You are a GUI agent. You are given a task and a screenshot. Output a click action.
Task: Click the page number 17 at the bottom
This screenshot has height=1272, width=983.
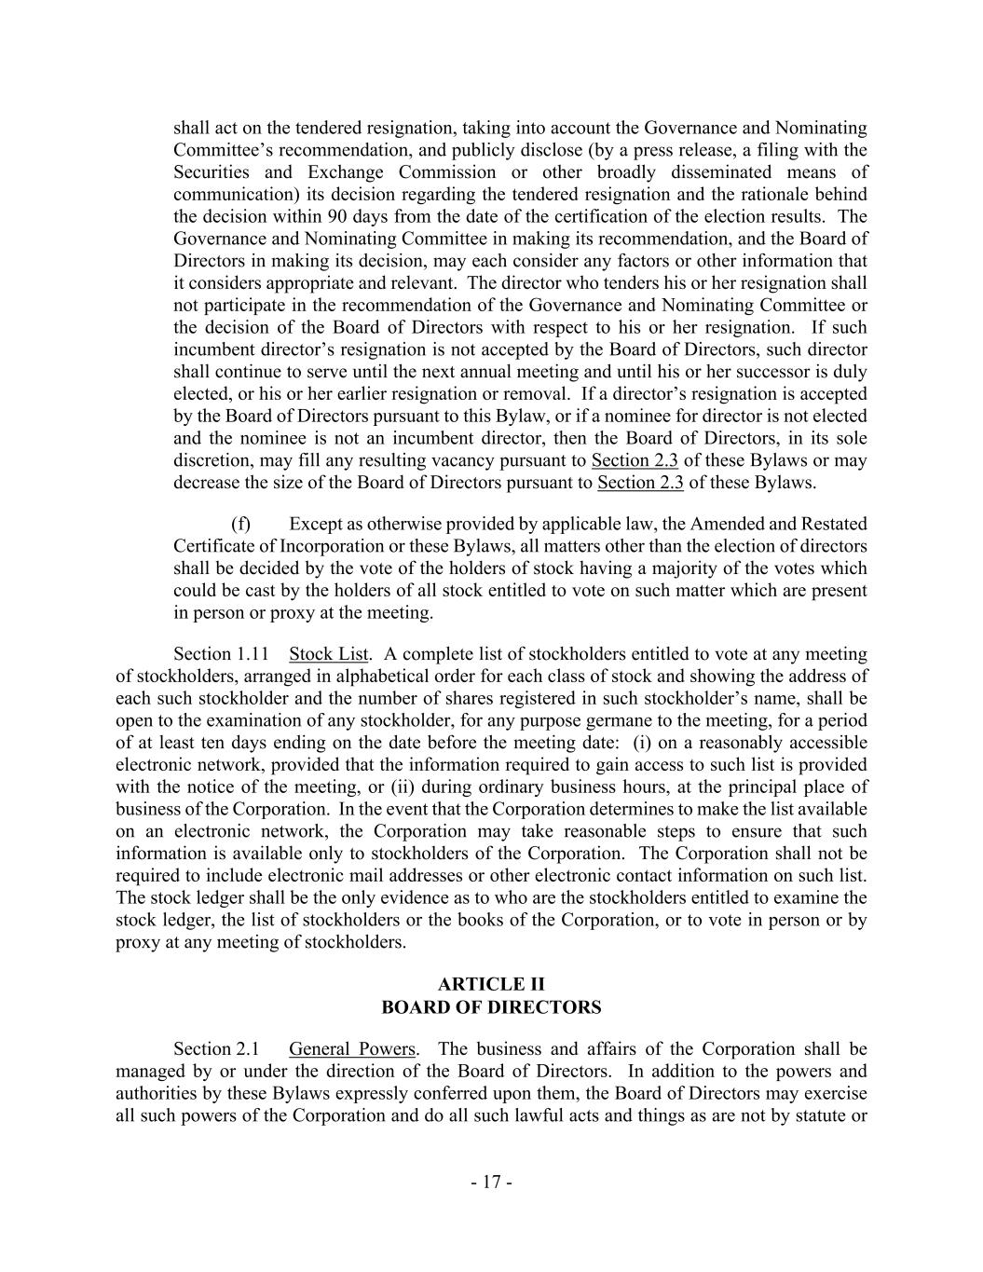tap(491, 1183)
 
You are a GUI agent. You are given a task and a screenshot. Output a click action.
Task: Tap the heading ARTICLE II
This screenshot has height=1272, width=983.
tap(491, 985)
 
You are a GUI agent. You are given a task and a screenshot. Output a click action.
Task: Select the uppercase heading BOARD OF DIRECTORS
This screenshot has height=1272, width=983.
tap(491, 1007)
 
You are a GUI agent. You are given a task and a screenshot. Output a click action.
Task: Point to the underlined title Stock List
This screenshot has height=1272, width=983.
tap(329, 654)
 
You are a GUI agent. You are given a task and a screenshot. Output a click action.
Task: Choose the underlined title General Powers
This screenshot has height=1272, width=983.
tap(352, 1049)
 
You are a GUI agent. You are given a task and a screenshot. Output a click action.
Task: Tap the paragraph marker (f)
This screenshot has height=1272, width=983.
tap(240, 524)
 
